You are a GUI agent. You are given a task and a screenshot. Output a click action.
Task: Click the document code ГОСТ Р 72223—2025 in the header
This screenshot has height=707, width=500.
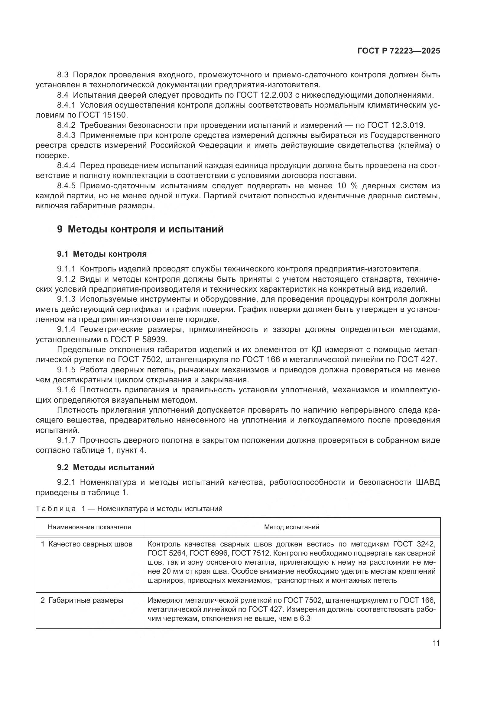coord(399,51)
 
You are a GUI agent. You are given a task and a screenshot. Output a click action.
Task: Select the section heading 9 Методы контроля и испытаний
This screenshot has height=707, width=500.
coord(140,229)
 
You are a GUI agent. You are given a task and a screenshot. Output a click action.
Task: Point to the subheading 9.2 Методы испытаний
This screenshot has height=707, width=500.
coord(105,467)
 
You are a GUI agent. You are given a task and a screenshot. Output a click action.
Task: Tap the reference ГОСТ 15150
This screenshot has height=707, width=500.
coord(103,115)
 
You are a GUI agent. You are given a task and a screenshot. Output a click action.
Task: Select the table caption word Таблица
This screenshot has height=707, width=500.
coord(56,509)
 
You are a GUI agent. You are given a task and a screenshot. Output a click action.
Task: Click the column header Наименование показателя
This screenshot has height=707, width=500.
coord(89,527)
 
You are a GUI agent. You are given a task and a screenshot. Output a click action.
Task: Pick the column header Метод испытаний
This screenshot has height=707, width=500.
coord(291,527)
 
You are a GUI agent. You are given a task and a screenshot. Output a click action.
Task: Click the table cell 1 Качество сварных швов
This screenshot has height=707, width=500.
coord(86,544)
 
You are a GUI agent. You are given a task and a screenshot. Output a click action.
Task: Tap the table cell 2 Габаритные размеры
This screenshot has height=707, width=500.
coord(82,600)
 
